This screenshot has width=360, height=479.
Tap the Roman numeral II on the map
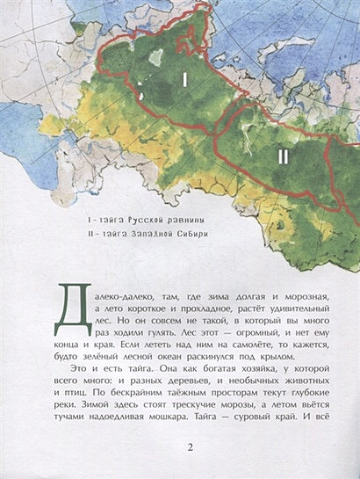click(x=283, y=157)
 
